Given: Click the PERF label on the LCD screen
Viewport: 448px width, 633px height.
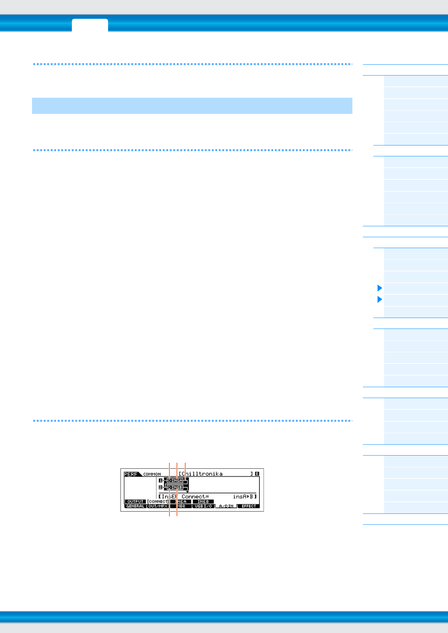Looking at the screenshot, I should pyautogui.click(x=131, y=474).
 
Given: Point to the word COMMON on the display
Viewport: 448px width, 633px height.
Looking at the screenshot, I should pyautogui.click(x=152, y=474).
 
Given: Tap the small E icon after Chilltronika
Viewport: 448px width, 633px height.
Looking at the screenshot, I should pyautogui.click(x=257, y=474).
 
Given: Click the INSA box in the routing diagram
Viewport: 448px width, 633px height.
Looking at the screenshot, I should pyautogui.click(x=175, y=480).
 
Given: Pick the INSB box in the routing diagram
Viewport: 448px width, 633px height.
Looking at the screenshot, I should pyautogui.click(x=175, y=488).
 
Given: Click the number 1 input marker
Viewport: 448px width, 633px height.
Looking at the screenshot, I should pyautogui.click(x=160, y=480).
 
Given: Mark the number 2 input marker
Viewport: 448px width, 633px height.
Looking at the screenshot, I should pyautogui.click(x=160, y=488).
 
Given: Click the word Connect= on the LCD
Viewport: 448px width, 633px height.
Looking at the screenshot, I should pyautogui.click(x=195, y=497).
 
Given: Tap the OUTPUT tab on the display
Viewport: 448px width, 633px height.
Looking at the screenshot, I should pyautogui.click(x=135, y=501).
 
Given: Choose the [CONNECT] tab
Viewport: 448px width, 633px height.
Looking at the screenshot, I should pyautogui.click(x=158, y=501).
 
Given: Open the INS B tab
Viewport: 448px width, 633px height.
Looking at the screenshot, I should pyautogui.click(x=203, y=501).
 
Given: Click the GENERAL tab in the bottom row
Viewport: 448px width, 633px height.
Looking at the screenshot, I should pyautogui.click(x=135, y=506).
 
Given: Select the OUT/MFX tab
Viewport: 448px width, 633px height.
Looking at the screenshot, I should pyautogui.click(x=158, y=506).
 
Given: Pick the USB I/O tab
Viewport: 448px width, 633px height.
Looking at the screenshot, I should pyautogui.click(x=203, y=506).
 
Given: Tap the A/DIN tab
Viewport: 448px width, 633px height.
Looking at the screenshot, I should pyautogui.click(x=226, y=506).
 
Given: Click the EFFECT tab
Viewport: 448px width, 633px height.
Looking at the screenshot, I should pyautogui.click(x=248, y=506).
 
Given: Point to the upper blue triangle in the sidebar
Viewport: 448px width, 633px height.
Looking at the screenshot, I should pyautogui.click(x=379, y=288).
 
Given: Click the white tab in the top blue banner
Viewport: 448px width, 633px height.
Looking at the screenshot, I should pyautogui.click(x=90, y=25).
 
